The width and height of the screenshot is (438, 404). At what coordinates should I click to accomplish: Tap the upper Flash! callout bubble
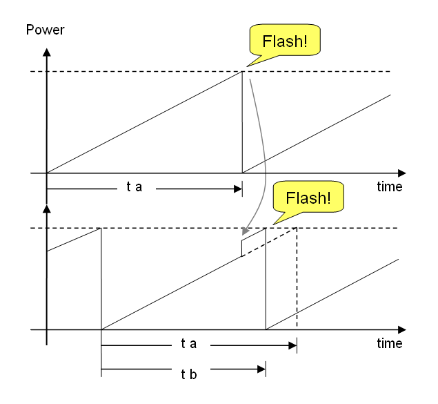coord(284,41)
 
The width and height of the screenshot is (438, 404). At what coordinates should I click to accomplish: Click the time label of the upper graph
coord(390,187)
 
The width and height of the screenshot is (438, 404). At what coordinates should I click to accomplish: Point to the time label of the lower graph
coord(390,343)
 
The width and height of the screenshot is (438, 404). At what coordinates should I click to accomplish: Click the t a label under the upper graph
coord(134,187)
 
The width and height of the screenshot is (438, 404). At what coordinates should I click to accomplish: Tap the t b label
coord(188,373)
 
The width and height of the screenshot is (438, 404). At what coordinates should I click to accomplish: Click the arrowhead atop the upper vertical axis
coord(46,52)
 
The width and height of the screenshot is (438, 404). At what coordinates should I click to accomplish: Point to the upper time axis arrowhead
coord(401,173)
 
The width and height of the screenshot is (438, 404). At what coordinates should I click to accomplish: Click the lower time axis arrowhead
coord(401,330)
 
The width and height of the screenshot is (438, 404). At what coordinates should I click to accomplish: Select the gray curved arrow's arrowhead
coord(244,231)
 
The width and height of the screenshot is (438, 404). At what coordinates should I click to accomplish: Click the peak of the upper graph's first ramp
coord(242,72)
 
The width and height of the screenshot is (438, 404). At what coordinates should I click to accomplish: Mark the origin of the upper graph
coord(46,173)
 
